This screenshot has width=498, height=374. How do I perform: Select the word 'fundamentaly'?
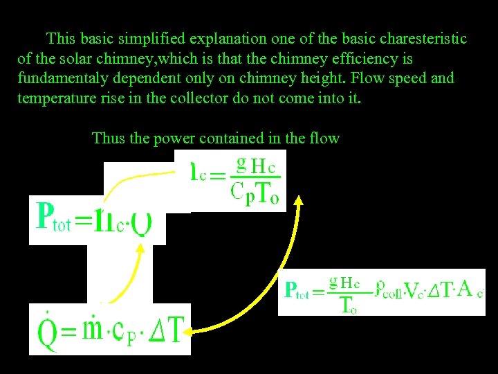(64, 78)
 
